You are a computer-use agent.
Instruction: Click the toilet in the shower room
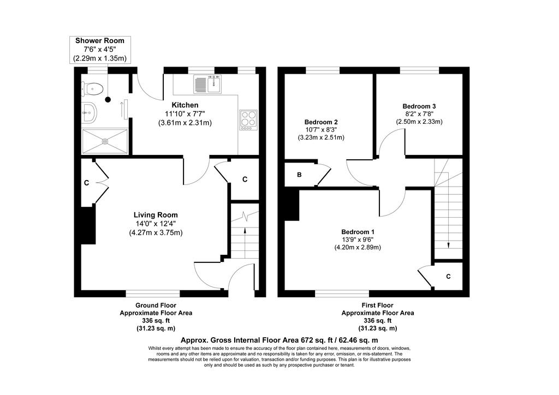pos(93,89)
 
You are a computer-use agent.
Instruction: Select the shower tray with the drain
pos(105,141)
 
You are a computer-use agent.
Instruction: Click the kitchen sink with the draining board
pos(207,84)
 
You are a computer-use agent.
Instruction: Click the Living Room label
pos(156,215)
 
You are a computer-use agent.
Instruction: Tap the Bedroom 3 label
pos(419,106)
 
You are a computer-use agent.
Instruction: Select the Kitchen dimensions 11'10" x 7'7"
pos(185,113)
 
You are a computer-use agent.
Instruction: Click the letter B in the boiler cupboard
pos(300,175)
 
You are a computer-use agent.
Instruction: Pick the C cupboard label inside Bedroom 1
pos(449,277)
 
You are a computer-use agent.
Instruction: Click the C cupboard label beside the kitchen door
pos(245,179)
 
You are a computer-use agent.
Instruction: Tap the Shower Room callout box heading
pos(100,40)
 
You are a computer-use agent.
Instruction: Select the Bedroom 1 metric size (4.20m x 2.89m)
pos(358,247)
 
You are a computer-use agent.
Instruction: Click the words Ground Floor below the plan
pos(156,305)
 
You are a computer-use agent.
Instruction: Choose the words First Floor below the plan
pos(378,305)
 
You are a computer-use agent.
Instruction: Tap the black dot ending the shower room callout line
pos(108,100)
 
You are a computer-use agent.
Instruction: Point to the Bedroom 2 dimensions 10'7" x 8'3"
pos(321,130)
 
